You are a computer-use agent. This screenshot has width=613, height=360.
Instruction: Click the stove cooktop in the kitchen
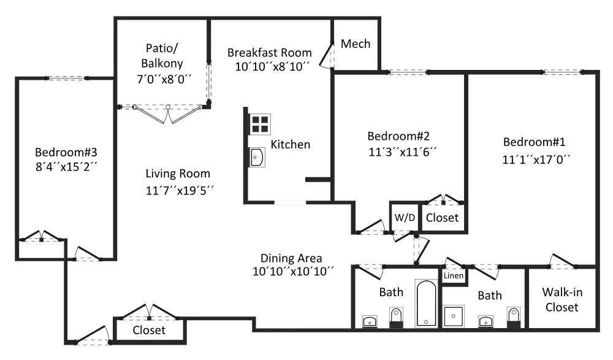coord(259,124)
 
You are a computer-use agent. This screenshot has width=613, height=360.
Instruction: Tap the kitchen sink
coord(257,157)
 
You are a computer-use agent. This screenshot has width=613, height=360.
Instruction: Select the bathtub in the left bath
coord(426,303)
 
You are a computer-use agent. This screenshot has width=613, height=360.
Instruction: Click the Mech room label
coord(356,44)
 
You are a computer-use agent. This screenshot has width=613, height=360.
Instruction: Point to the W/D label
coord(405,218)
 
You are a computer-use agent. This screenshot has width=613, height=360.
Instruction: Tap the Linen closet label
coord(454,275)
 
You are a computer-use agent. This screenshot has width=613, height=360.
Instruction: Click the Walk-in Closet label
coord(562,299)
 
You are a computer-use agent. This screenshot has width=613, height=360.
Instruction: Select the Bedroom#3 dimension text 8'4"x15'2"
coord(66,167)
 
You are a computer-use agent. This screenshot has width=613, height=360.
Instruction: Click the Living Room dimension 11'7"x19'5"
coord(180,191)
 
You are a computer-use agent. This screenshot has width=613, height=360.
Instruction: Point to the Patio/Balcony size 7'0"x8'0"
coord(164,79)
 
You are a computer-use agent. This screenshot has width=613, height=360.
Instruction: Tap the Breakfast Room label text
coord(269,52)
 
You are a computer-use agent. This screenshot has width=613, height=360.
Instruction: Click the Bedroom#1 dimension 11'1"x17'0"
coord(536,159)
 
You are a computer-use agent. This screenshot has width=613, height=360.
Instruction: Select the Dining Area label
coord(291,258)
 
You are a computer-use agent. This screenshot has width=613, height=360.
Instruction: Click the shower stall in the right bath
coord(454,316)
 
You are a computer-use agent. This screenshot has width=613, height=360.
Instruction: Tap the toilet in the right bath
coord(514,317)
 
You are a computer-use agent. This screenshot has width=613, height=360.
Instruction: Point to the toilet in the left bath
coord(397,317)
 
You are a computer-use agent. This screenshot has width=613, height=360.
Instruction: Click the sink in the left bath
coord(370,321)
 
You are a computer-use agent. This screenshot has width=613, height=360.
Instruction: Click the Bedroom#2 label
coord(398,136)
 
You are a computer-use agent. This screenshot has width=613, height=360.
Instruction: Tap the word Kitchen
coord(291,144)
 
